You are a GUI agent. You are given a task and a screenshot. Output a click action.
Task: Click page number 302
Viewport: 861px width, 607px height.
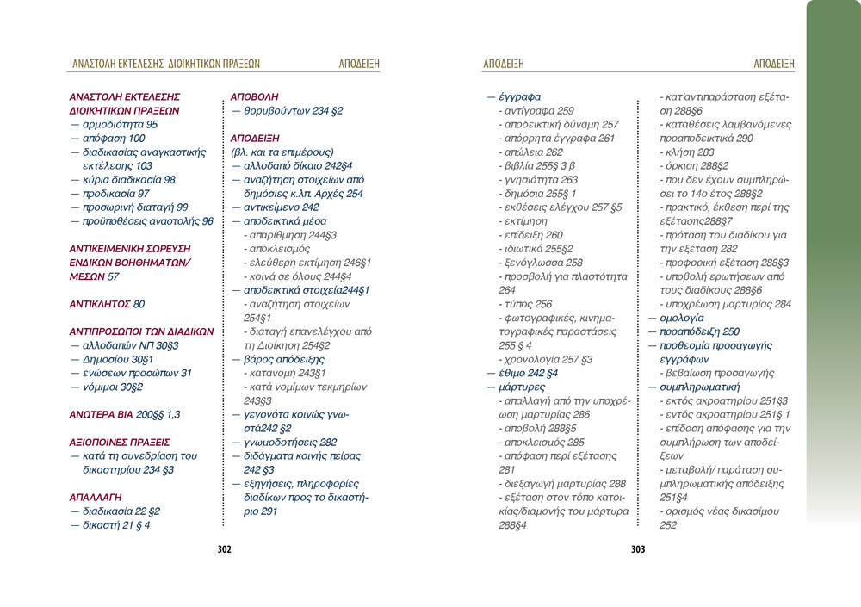[x=224, y=549]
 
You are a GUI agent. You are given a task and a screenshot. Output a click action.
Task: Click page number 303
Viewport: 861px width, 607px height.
[x=638, y=549]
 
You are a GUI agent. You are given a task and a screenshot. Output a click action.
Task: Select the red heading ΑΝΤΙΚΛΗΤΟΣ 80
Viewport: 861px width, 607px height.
[x=107, y=304]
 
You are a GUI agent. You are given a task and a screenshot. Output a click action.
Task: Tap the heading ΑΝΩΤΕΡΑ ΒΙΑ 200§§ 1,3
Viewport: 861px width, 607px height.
[x=124, y=414]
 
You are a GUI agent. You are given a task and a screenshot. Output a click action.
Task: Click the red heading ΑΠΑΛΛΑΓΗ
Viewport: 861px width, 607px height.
[x=95, y=497]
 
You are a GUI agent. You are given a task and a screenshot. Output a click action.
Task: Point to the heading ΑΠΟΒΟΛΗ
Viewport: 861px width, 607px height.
[x=255, y=97]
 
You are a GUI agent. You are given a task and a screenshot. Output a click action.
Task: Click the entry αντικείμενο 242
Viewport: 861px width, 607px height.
[x=276, y=207]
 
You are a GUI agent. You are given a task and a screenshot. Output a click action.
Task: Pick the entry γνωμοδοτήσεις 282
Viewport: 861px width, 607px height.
[x=284, y=442]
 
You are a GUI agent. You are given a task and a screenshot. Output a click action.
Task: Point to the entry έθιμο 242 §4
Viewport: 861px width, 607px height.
[x=523, y=373]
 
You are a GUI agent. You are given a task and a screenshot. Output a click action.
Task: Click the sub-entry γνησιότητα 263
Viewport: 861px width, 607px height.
[x=538, y=180]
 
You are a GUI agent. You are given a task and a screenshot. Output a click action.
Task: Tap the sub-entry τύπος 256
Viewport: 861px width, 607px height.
[x=525, y=304]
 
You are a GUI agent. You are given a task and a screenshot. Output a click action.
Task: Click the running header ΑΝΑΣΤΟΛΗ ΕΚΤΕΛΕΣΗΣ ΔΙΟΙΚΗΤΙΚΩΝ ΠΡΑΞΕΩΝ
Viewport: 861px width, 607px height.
[x=166, y=64]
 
